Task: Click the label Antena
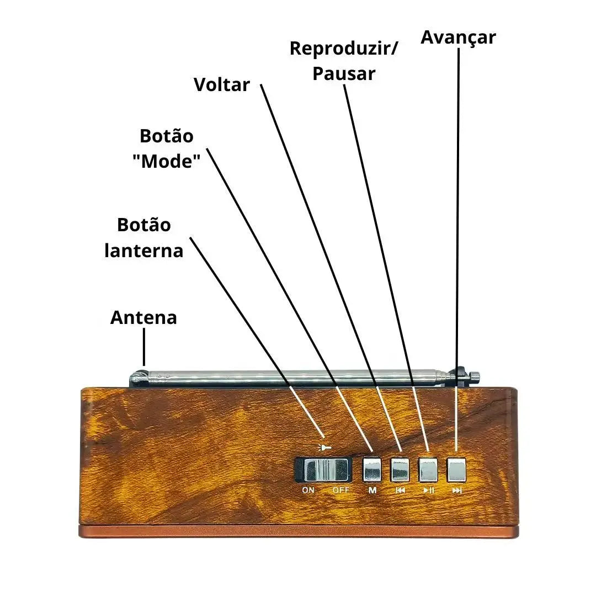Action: [x=143, y=318]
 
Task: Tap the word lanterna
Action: [x=144, y=251]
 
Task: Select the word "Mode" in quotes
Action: [x=166, y=161]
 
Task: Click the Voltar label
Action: [x=222, y=85]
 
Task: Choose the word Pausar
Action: [x=344, y=73]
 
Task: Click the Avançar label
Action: [x=458, y=38]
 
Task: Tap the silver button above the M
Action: [x=372, y=470]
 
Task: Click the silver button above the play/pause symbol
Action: [x=428, y=470]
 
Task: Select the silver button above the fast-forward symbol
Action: [x=457, y=470]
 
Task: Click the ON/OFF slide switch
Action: [x=323, y=470]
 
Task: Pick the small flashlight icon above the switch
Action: [x=325, y=448]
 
